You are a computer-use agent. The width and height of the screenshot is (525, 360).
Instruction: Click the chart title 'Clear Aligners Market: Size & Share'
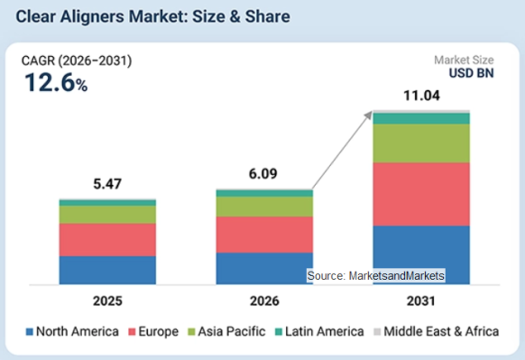pyautogui.click(x=152, y=17)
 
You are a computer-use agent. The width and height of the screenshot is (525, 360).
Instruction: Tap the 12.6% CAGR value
pyautogui.click(x=56, y=82)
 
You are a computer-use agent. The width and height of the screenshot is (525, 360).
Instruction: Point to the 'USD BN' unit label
pyautogui.click(x=471, y=73)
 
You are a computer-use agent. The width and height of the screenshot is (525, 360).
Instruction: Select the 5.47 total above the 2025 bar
pyautogui.click(x=107, y=184)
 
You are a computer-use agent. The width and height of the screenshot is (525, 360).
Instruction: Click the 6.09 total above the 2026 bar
pyautogui.click(x=262, y=174)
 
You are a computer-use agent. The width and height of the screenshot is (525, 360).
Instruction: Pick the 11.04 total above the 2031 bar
pyautogui.click(x=421, y=96)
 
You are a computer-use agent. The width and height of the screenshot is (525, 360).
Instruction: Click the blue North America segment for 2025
pyautogui.click(x=107, y=271)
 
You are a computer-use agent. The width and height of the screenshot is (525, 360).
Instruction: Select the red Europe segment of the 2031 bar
pyautogui.click(x=421, y=194)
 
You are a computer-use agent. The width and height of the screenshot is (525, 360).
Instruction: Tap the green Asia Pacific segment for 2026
pyautogui.click(x=264, y=207)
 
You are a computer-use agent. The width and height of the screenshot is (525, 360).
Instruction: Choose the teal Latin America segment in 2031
pyautogui.click(x=421, y=118)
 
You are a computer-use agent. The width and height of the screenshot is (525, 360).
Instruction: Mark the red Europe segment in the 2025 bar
pyautogui.click(x=107, y=240)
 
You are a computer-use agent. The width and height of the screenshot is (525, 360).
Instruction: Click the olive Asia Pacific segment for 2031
pyautogui.click(x=421, y=143)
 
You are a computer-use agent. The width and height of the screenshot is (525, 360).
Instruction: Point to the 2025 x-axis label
pyautogui.click(x=107, y=301)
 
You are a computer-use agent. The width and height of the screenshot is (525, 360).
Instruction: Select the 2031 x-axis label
pyautogui.click(x=421, y=301)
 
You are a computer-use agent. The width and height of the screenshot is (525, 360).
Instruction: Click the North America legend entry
pyautogui.click(x=72, y=331)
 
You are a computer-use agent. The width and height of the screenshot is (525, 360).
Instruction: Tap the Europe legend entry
pyautogui.click(x=153, y=331)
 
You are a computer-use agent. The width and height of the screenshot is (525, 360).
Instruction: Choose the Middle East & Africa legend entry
pyautogui.click(x=437, y=331)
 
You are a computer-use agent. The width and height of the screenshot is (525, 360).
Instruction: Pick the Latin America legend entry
pyautogui.click(x=319, y=331)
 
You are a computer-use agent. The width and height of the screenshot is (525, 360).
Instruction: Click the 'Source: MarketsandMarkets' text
pyautogui.click(x=375, y=275)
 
